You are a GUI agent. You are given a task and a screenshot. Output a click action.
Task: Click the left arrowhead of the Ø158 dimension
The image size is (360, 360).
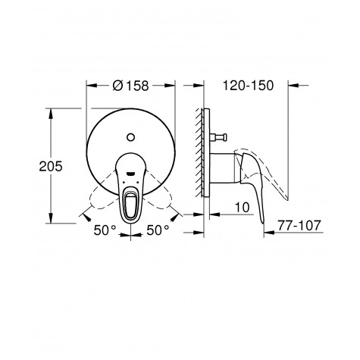tap(90, 85)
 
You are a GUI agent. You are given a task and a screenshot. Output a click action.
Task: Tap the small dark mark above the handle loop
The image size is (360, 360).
tap(133, 176)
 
